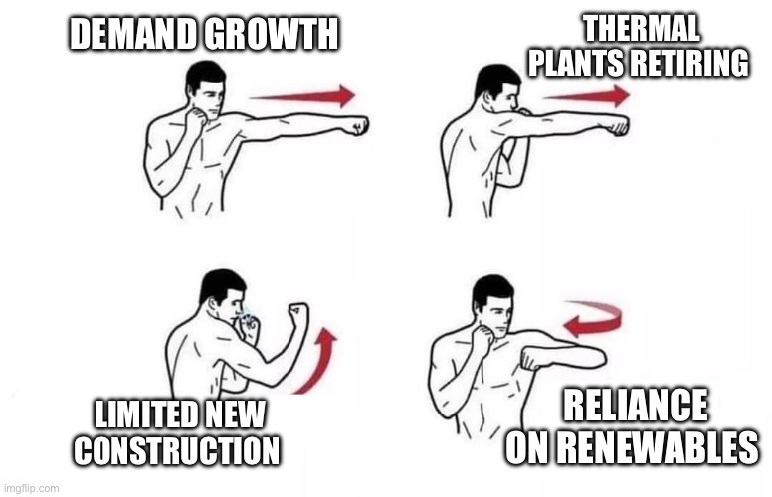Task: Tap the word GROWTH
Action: (x=274, y=36)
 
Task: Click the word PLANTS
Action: (x=575, y=62)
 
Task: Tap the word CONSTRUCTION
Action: (x=177, y=450)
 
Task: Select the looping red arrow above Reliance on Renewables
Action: (x=594, y=318)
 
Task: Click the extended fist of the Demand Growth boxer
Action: (x=354, y=125)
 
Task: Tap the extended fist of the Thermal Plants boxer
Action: (x=617, y=125)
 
